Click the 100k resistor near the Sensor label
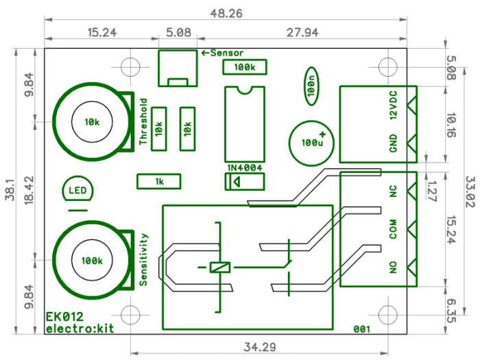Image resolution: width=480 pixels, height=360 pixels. coord(244,67)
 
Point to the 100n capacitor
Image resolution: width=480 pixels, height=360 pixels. coord(311,85)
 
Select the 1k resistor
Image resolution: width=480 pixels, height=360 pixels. coord(159,181)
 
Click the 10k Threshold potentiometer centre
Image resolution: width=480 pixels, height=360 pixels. coord(91,122)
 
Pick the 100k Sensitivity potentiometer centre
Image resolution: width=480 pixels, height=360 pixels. coord(91,261)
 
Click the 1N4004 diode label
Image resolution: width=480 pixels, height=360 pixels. coord(244,167)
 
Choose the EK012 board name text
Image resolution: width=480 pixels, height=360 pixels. coord(64,317)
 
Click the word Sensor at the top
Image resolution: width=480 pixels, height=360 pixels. coord(226,53)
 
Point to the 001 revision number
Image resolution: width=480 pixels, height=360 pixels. coord(361,329)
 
